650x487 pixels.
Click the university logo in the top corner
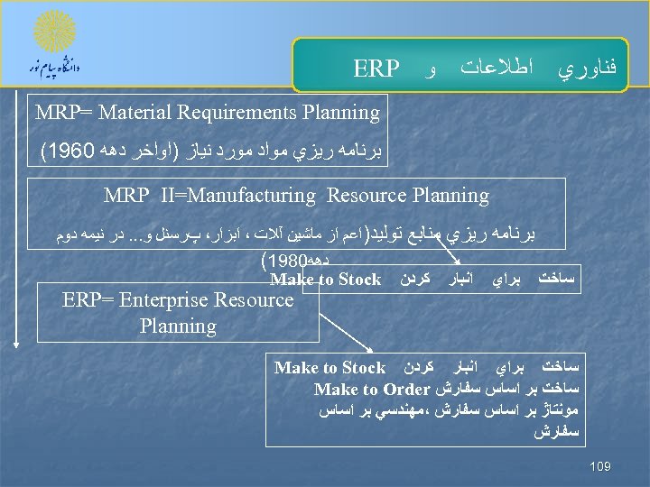tap(54, 42)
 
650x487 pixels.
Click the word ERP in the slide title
tap(376, 69)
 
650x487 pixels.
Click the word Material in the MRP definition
tap(137, 113)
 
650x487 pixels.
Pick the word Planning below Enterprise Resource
tap(178, 326)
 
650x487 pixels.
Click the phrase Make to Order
tap(371, 390)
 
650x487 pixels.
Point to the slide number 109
tap(599, 466)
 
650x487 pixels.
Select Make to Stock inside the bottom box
tap(330, 368)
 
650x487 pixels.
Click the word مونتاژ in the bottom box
tap(560, 411)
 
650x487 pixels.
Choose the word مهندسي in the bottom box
tap(392, 411)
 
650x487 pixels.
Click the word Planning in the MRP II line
tap(450, 196)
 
